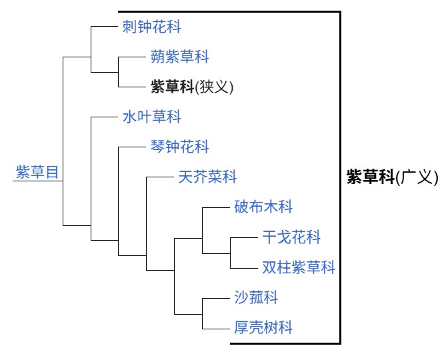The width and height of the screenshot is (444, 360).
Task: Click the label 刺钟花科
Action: tap(152, 27)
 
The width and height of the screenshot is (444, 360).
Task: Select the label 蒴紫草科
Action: tap(179, 57)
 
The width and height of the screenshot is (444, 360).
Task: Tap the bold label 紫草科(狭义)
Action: tap(192, 87)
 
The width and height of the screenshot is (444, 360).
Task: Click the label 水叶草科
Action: tap(152, 117)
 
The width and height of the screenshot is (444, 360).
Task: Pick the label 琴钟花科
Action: tap(179, 147)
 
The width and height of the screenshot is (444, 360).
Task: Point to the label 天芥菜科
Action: tap(207, 177)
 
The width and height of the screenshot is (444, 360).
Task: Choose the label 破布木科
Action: tap(263, 207)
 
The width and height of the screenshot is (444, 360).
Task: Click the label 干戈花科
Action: tap(291, 237)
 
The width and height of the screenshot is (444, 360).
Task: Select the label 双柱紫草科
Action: tap(299, 267)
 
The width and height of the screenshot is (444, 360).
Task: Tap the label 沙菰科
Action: tap(256, 297)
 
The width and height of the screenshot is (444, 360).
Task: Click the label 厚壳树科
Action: tap(263, 327)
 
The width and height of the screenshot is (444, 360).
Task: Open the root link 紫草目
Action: tap(37, 172)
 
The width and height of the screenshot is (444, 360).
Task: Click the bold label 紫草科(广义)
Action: tap(392, 177)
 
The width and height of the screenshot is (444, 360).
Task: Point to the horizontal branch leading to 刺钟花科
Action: tap(104, 27)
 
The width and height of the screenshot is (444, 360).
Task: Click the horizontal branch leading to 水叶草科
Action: tap(104, 117)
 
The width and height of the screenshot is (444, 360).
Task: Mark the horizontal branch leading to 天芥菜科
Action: tap(160, 177)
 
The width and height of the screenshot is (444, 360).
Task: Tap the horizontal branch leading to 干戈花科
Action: tap(244, 237)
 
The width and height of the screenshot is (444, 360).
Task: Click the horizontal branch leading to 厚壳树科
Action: tap(216, 328)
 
